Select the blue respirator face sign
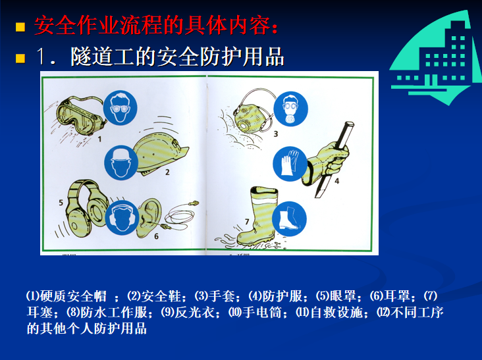290,107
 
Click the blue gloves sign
290,163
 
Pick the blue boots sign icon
290,218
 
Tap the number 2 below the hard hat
167,173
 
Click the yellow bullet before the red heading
20,28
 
